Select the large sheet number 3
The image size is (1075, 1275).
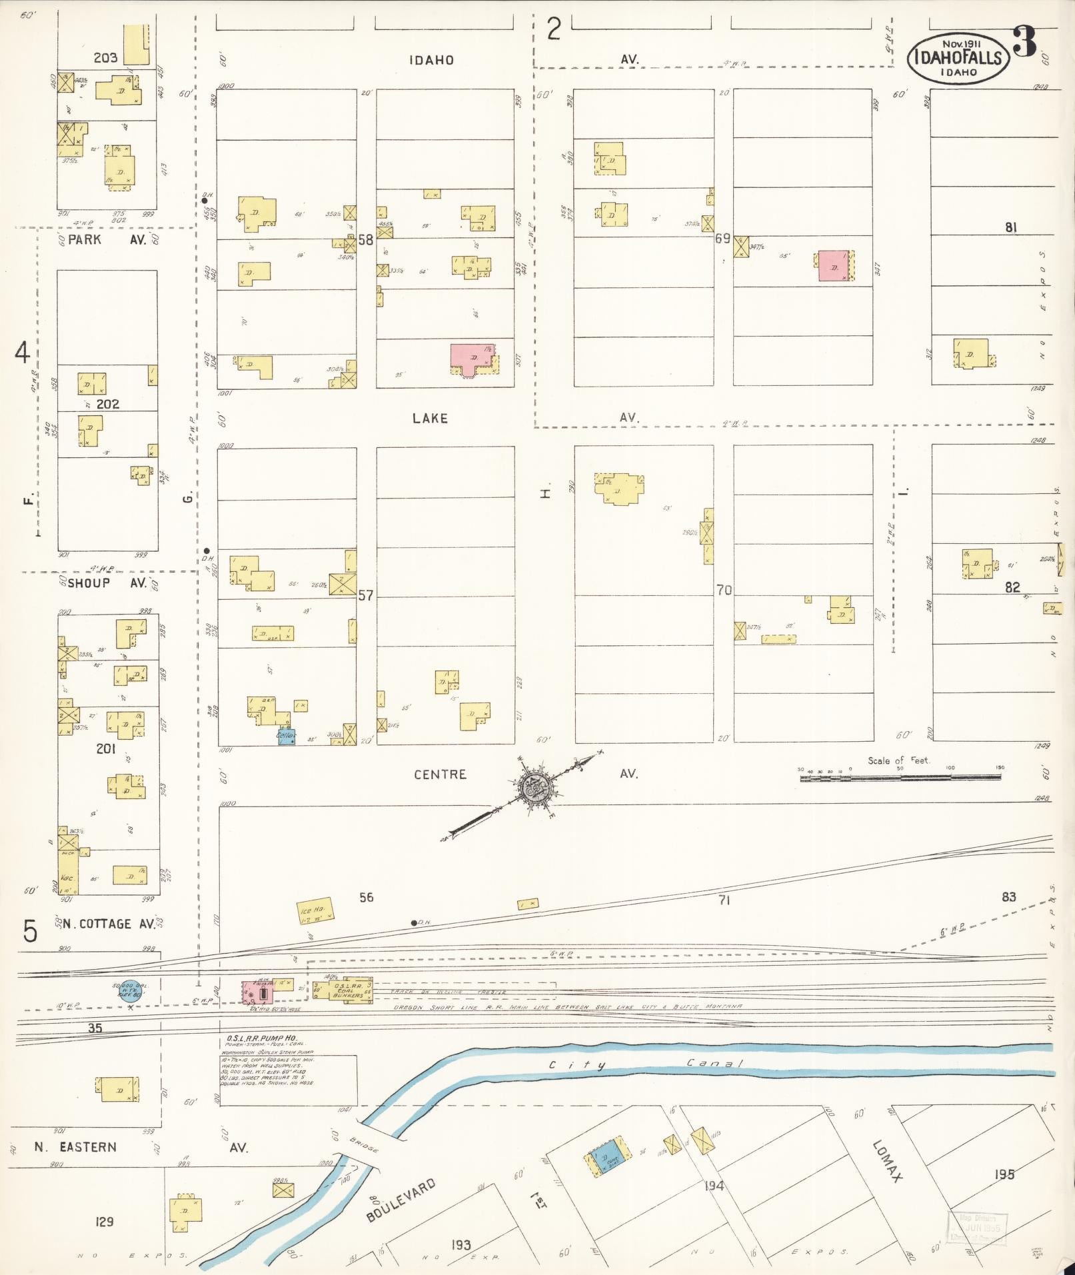1024,43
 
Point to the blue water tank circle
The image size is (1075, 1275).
129,991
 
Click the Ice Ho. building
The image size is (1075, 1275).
315,911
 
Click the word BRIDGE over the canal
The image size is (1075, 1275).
363,1147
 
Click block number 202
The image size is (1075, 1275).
107,404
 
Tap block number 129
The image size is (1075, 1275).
105,1222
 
